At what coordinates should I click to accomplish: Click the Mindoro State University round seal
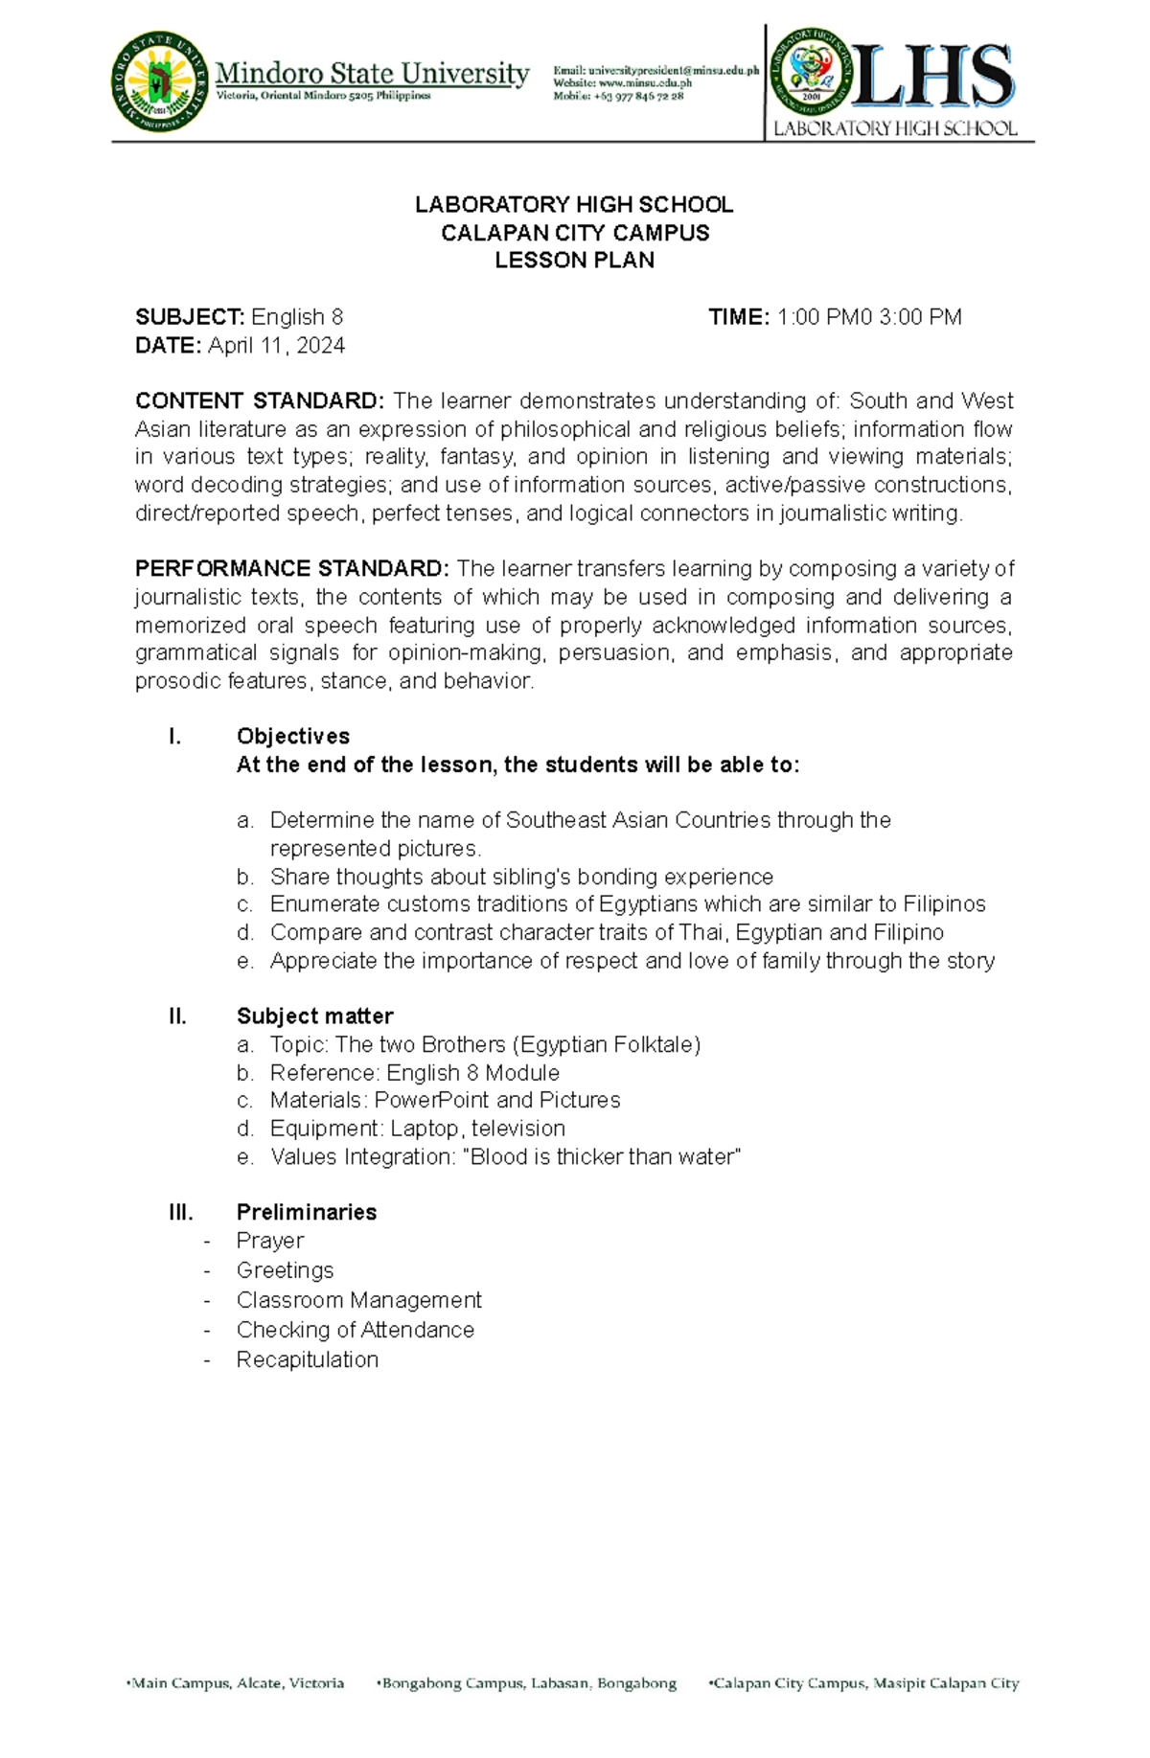159,81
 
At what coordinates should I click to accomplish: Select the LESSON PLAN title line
574,261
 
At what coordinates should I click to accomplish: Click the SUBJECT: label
189,317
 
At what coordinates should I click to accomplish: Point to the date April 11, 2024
276,346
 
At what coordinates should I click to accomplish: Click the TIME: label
738,317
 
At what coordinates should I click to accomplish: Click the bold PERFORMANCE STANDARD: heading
291,569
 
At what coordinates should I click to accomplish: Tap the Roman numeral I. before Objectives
173,737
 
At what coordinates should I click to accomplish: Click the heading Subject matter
314,1016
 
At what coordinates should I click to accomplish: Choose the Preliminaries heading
306,1213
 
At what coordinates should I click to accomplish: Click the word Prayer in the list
269,1241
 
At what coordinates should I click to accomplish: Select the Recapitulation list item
307,1360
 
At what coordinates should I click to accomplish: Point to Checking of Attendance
355,1331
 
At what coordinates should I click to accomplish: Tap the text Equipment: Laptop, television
417,1129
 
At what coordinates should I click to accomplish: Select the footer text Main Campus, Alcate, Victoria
237,1683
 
